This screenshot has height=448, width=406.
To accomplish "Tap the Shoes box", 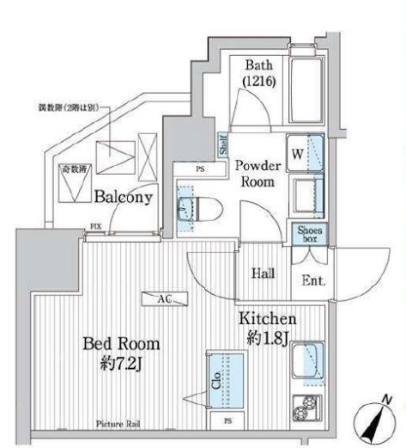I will click(x=306, y=234).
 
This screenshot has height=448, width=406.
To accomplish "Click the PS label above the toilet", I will click(x=200, y=169).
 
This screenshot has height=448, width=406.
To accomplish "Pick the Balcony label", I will click(x=124, y=196).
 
